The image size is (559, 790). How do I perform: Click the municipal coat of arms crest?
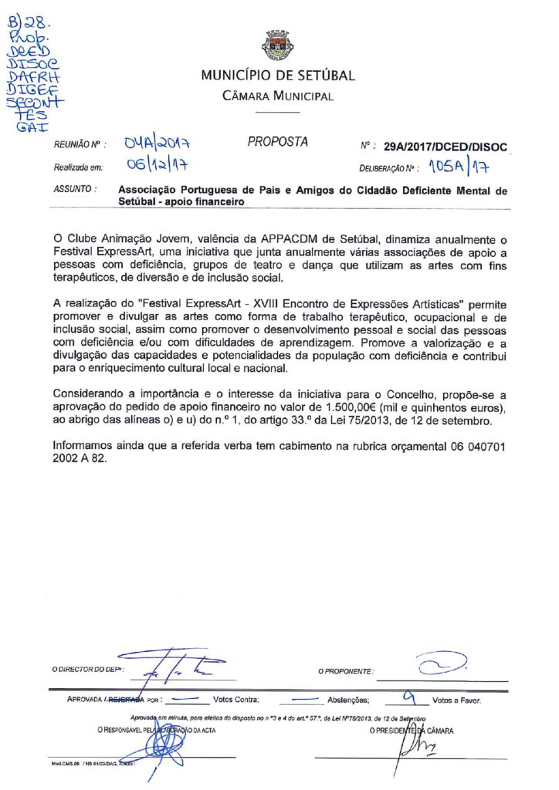tap(278, 46)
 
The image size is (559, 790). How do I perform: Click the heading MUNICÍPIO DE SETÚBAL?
tap(278, 76)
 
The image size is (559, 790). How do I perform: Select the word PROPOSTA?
tap(278, 142)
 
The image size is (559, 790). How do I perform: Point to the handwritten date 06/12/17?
tap(159, 165)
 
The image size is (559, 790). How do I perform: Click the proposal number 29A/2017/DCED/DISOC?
tap(446, 147)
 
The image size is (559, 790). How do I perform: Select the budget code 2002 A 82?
tap(80, 457)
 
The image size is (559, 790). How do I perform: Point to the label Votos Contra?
tap(235, 701)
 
